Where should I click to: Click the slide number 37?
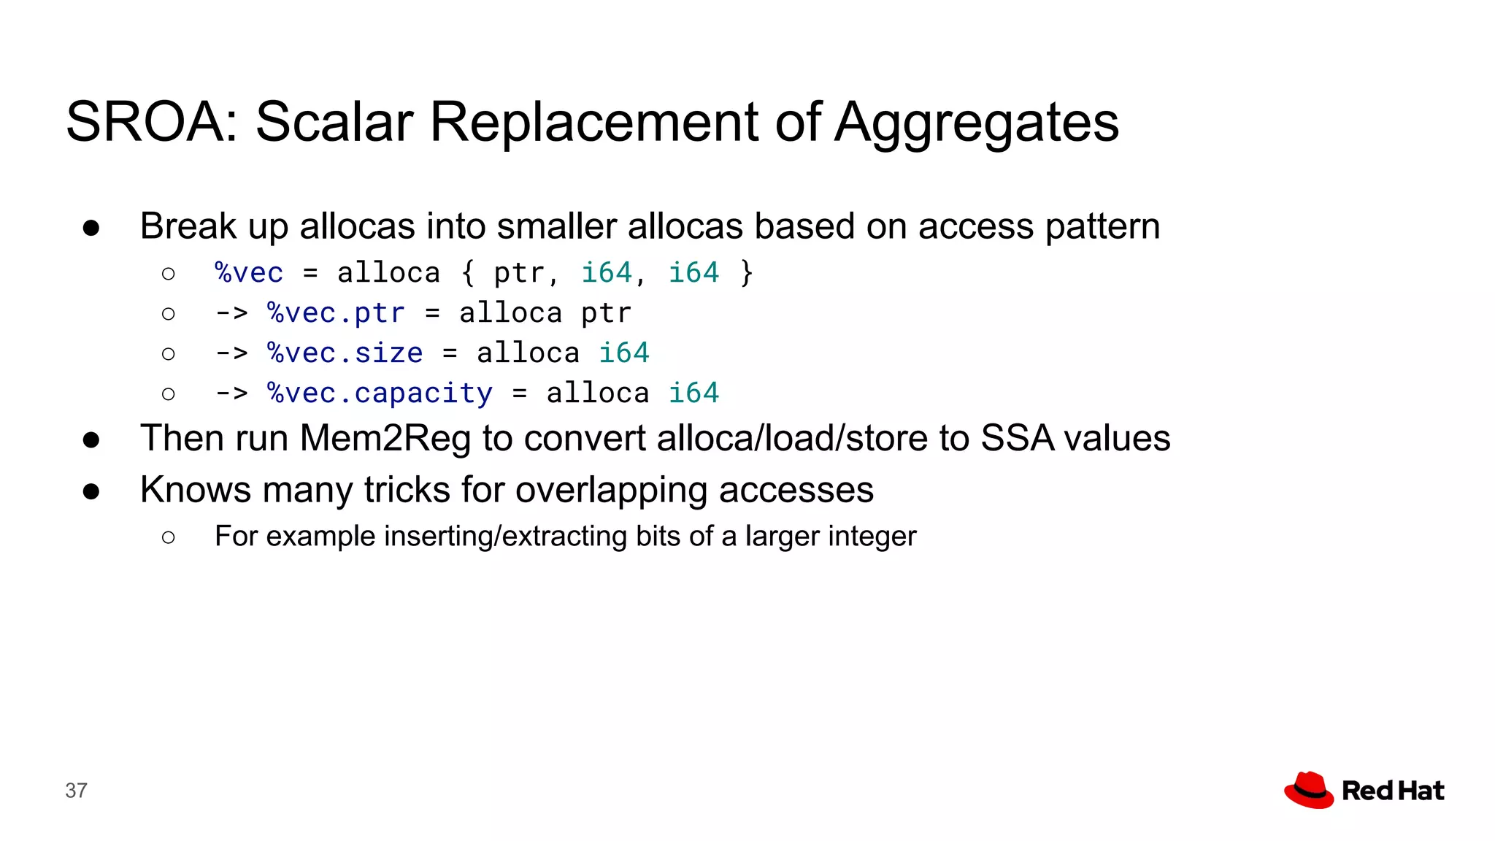pyautogui.click(x=76, y=791)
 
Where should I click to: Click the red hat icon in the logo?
pyautogui.click(x=1309, y=790)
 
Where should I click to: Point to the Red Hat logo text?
pyautogui.click(x=1393, y=791)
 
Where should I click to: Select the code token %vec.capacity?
pyautogui.click(x=380, y=393)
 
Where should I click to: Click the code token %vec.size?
pyautogui.click(x=345, y=353)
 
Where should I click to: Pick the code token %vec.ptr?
pyautogui.click(x=336, y=313)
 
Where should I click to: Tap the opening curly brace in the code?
pyautogui.click(x=468, y=273)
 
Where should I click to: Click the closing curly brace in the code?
pyautogui.click(x=745, y=273)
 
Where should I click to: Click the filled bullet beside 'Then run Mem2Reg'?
pyautogui.click(x=91, y=439)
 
